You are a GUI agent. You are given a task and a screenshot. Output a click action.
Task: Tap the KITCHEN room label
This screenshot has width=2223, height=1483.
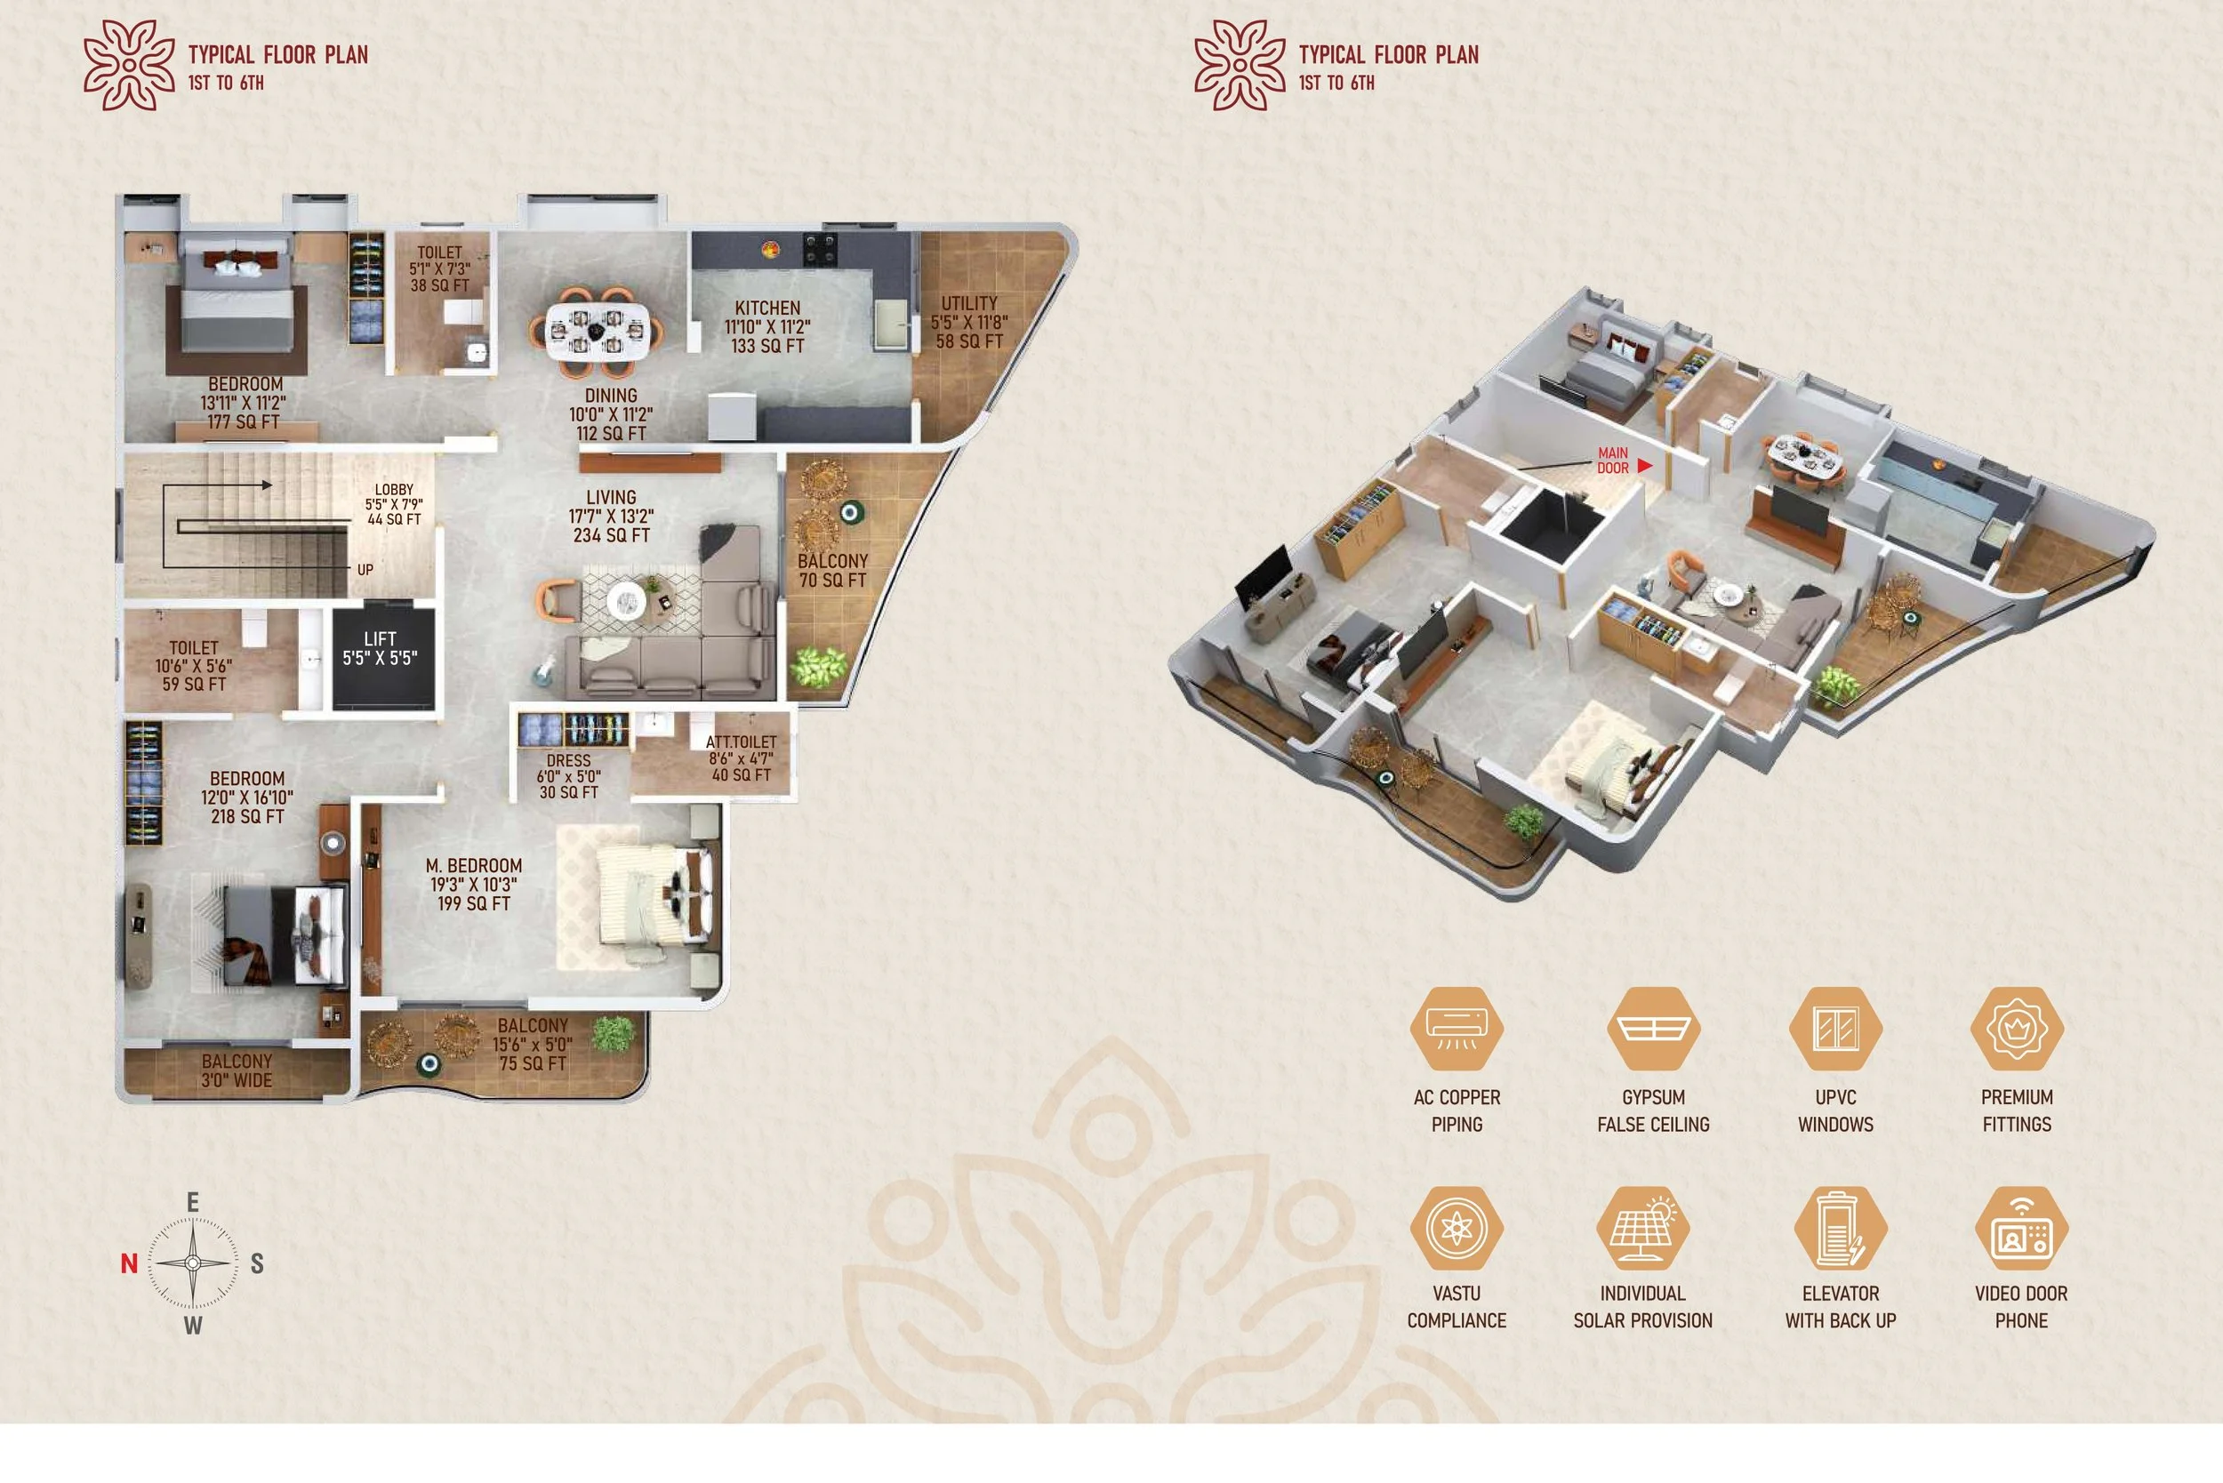click(x=767, y=327)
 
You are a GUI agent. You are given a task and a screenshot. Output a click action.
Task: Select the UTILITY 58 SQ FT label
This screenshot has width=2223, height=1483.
click(x=968, y=323)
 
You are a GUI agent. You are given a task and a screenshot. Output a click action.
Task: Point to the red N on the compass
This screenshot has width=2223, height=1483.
click(x=130, y=1263)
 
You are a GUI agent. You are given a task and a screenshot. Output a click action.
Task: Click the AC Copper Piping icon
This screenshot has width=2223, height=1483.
click(x=1456, y=1028)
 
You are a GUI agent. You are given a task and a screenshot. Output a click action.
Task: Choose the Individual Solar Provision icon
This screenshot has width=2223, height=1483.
click(x=1642, y=1228)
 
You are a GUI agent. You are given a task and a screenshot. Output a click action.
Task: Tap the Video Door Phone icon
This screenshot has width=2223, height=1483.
click(x=2020, y=1228)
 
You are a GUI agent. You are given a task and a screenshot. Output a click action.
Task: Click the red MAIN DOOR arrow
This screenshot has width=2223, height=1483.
click(x=1644, y=465)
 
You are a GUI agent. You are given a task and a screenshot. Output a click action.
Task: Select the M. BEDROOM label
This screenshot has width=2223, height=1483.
click(x=473, y=885)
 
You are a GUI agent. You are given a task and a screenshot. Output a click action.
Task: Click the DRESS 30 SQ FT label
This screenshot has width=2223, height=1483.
click(x=568, y=776)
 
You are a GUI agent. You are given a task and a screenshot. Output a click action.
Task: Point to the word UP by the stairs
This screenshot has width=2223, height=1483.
click(x=365, y=570)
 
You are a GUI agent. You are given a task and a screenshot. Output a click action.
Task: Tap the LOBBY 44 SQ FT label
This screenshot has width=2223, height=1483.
click(x=394, y=504)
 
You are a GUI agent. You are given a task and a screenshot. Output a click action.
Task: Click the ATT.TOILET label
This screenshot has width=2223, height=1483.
click(x=741, y=758)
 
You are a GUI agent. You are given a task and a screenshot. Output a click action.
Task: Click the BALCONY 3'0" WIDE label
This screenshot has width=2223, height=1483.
click(x=237, y=1070)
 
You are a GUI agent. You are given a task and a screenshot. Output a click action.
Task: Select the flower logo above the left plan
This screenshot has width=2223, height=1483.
click(x=130, y=65)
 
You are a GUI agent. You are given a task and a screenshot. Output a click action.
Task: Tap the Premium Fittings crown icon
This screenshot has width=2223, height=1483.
click(x=2016, y=1028)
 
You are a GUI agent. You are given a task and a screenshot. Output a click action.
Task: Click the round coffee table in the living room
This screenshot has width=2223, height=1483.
click(x=625, y=599)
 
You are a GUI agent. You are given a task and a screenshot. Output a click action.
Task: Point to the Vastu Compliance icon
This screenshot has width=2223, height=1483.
click(x=1456, y=1228)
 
